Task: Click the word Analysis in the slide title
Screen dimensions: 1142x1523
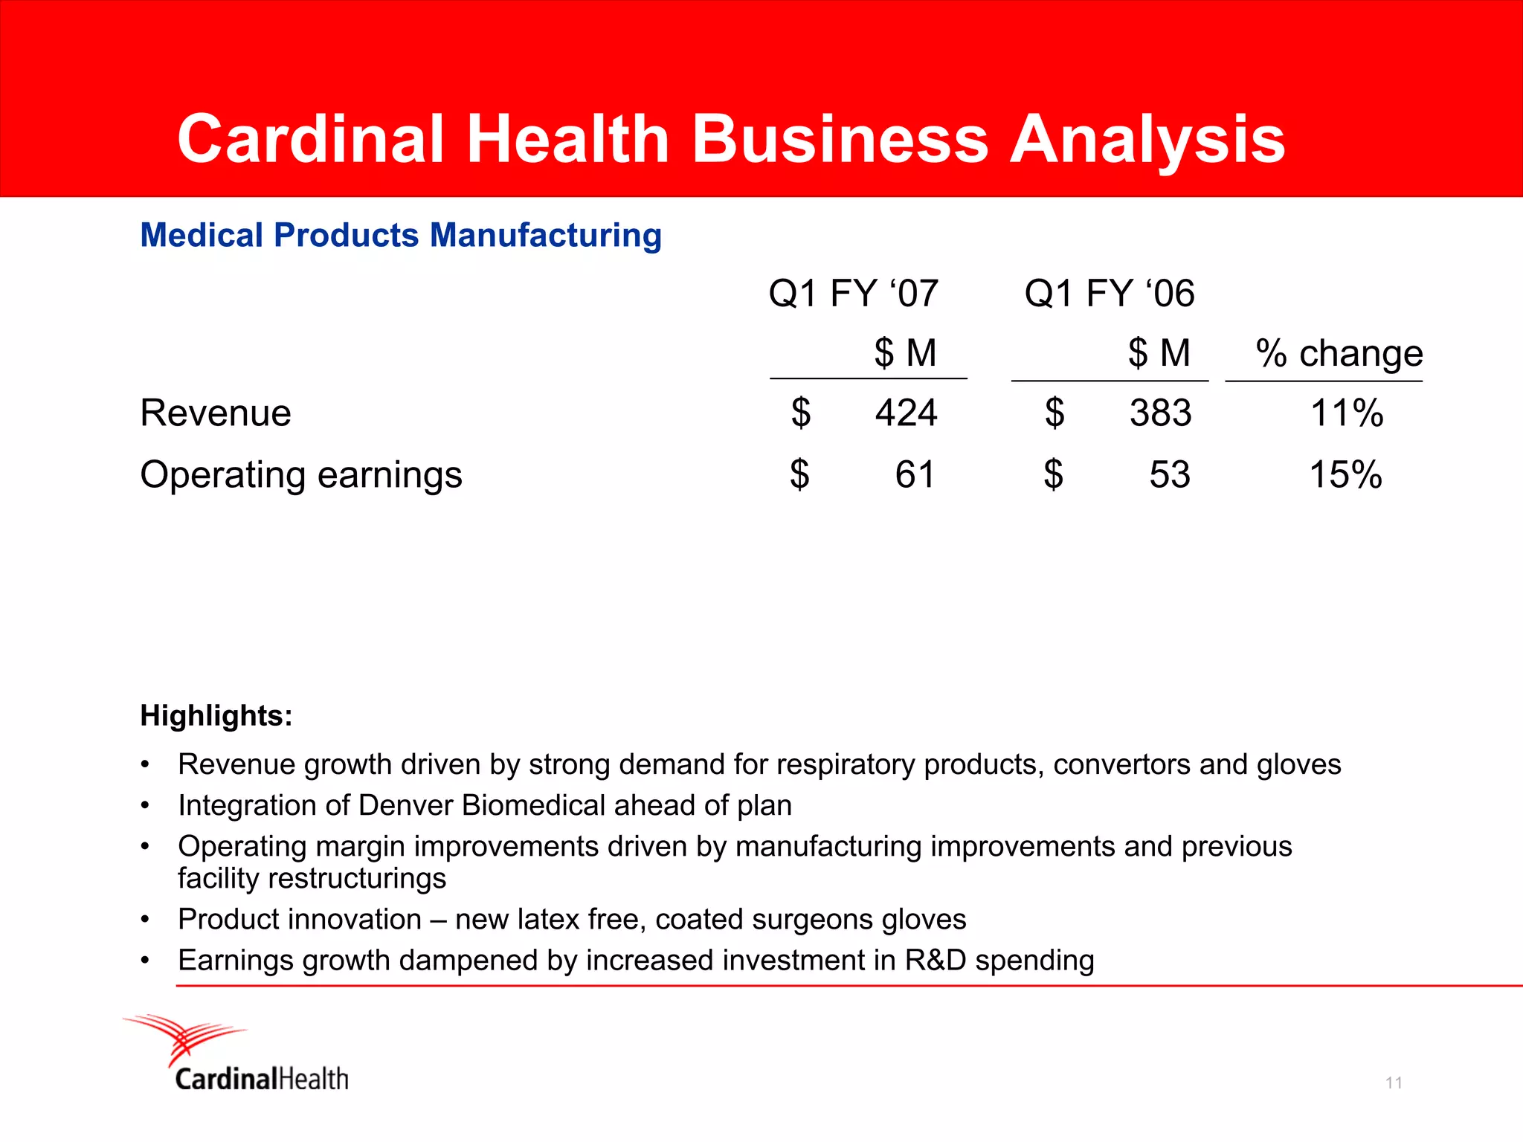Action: coord(1147,141)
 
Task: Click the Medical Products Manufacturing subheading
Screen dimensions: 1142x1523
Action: coord(401,236)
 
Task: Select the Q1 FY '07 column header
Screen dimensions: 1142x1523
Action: coord(853,293)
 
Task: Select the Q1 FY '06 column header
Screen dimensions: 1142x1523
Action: coord(1109,293)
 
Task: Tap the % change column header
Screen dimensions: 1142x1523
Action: coord(1339,353)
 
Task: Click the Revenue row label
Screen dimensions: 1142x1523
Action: coord(216,413)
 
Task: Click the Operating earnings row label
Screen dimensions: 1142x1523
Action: coord(300,475)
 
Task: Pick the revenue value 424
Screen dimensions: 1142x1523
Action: coord(906,413)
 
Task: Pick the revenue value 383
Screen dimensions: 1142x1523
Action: coord(1160,413)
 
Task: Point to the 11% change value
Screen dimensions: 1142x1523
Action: coord(1346,413)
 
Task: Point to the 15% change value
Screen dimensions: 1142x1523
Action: coord(1345,475)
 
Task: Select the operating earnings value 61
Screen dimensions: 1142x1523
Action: coord(915,475)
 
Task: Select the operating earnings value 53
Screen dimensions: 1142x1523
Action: coord(1169,475)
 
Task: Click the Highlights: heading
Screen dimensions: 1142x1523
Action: coord(216,716)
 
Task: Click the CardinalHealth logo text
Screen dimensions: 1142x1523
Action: coord(262,1079)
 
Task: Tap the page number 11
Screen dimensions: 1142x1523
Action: coord(1394,1083)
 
